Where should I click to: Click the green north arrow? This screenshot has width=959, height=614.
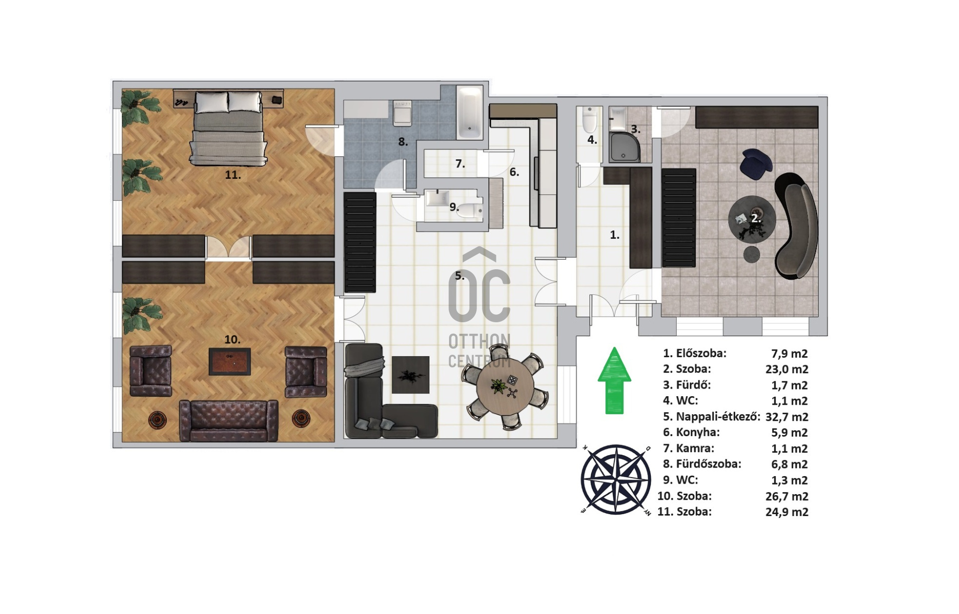(x=614, y=381)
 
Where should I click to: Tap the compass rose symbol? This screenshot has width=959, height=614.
(x=616, y=480)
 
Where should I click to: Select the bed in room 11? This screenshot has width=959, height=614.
(x=228, y=128)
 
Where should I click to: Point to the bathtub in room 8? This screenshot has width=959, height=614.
(x=470, y=112)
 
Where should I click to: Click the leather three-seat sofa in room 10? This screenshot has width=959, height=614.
(x=228, y=421)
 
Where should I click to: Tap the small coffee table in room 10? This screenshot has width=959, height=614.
(x=230, y=362)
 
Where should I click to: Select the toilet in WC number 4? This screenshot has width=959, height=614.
(x=590, y=119)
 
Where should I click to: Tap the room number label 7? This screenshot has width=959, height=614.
(x=460, y=164)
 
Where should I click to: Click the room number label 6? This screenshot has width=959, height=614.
(x=514, y=172)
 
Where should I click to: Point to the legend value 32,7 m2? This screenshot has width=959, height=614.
(x=787, y=417)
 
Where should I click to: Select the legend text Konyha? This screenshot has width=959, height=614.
(x=695, y=433)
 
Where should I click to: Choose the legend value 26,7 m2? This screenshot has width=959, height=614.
(x=787, y=496)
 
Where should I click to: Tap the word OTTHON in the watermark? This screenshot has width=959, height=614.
(x=479, y=342)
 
